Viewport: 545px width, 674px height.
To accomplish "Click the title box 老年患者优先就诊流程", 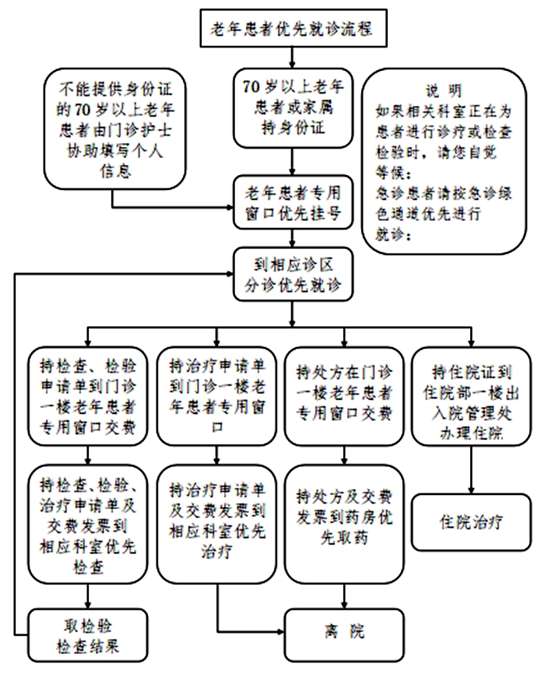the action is point(294,28).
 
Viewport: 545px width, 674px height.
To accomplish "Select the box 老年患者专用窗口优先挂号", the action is point(293,202).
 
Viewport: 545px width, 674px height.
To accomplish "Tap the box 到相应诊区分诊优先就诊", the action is point(293,274).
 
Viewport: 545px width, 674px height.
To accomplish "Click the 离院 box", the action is point(344,634).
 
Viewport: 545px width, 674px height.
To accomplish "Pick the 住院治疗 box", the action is point(471,522).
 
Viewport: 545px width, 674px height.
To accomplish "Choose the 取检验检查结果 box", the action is point(88,635).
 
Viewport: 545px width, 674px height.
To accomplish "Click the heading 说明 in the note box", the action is point(444,91).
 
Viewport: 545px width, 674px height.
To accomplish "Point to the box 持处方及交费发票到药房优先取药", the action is point(344,524).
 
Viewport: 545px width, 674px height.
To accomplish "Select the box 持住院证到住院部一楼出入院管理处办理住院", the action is point(471,396).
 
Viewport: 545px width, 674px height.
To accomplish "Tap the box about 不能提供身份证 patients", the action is point(115,129).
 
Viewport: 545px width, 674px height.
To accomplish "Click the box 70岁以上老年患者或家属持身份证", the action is point(293,108).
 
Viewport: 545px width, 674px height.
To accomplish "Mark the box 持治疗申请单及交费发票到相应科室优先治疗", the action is point(216,524).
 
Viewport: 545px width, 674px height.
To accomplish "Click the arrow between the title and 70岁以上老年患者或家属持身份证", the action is point(293,57).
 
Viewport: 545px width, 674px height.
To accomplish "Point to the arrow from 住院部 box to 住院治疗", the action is point(471,470).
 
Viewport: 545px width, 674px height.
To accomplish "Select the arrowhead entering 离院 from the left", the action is point(280,631).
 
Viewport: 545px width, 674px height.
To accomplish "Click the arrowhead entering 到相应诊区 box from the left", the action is point(229,274).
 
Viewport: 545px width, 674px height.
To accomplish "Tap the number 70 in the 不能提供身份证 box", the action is point(81,110).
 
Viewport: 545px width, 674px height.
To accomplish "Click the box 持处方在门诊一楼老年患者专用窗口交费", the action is point(344,396).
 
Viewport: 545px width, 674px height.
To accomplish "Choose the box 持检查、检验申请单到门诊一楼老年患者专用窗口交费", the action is point(88,396).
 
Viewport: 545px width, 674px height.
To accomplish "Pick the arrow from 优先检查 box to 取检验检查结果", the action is point(88,596).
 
